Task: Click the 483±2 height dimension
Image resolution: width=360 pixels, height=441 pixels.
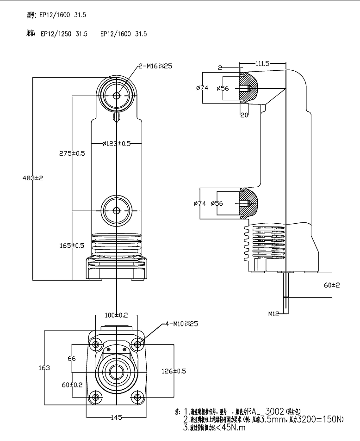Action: pos(32,178)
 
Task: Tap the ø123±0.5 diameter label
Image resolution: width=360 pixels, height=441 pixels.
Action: pos(116,143)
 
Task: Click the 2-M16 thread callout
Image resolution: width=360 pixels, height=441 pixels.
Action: pos(155,66)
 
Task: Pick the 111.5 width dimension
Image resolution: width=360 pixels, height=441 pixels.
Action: pos(262,63)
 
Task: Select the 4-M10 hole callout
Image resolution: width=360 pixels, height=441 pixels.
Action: pos(180,324)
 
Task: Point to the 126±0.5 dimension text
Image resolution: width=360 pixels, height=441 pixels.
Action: pos(174,371)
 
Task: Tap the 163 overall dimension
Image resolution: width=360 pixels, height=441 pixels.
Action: pos(44,367)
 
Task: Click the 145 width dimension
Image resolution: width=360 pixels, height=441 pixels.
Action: pos(116,417)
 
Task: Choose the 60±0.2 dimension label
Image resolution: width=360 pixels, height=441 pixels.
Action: pos(72,384)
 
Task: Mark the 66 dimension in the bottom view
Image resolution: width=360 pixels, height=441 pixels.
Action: pos(72,358)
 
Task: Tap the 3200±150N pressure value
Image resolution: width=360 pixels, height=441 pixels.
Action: pos(320,420)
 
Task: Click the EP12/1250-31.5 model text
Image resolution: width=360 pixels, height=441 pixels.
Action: pos(64,34)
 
